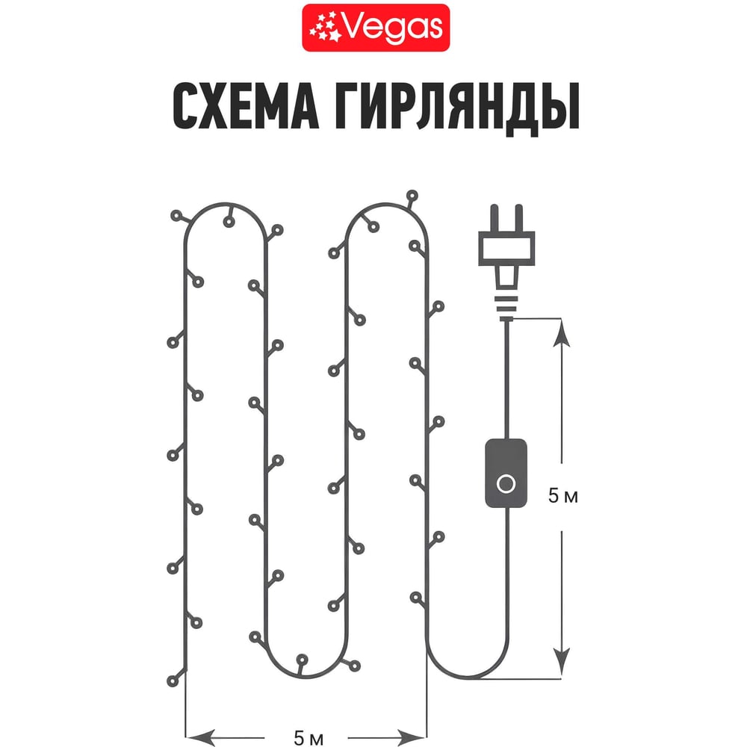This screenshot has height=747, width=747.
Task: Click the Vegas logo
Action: click(x=376, y=28)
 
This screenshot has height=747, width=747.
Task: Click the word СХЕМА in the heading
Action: click(x=246, y=106)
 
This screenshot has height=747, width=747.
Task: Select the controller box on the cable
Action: click(x=506, y=474)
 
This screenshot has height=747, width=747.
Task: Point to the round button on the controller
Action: click(x=506, y=484)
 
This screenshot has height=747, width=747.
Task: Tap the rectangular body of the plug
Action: click(x=506, y=248)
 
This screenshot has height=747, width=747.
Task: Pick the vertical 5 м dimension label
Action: click(x=562, y=496)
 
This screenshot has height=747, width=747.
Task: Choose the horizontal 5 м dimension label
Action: click(x=309, y=738)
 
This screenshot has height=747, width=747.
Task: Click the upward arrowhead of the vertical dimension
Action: click(x=562, y=333)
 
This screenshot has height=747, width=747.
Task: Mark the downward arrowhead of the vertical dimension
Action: click(x=562, y=661)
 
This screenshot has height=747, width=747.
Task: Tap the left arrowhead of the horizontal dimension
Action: click(x=200, y=737)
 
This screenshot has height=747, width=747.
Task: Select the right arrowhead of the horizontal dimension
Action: click(x=411, y=737)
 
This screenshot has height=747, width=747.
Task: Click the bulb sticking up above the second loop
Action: click(x=412, y=195)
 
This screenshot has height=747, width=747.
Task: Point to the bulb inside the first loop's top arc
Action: click(x=229, y=222)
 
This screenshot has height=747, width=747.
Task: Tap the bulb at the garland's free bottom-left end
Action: click(x=173, y=681)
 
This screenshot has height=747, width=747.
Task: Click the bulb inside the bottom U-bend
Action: click(x=302, y=660)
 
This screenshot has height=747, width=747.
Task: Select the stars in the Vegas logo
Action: click(x=325, y=28)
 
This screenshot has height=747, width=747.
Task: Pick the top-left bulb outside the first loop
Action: click(x=177, y=216)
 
